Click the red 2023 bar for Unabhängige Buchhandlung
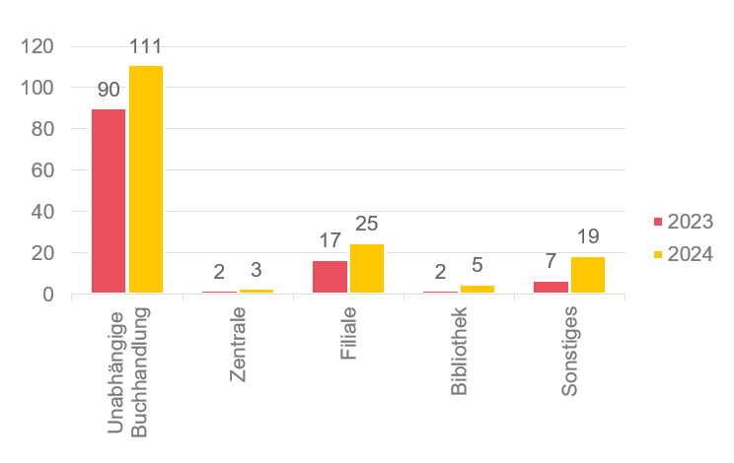pyautogui.click(x=109, y=201)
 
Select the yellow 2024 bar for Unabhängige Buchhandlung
pyautogui.click(x=146, y=179)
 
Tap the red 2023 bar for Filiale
pyautogui.click(x=330, y=277)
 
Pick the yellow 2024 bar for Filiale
pyautogui.click(x=367, y=269)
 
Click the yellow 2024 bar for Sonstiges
pyautogui.click(x=588, y=275)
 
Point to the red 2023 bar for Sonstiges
pyautogui.click(x=550, y=288)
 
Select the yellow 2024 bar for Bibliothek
pyautogui.click(x=477, y=290)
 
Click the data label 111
pyautogui.click(x=145, y=46)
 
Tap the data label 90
pyautogui.click(x=109, y=90)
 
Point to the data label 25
pyautogui.click(x=367, y=224)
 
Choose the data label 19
pyautogui.click(x=588, y=236)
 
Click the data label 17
pyautogui.click(x=330, y=240)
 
